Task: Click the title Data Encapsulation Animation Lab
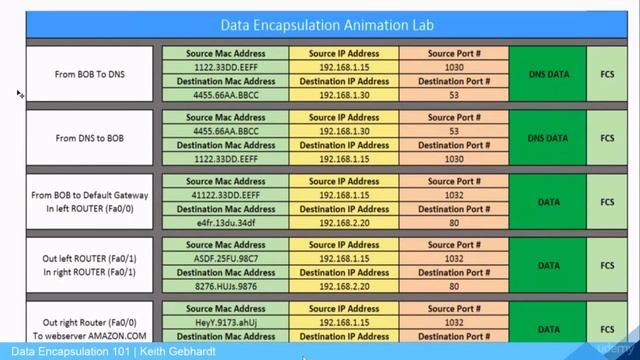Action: (x=320, y=24)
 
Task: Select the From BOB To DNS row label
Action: (x=90, y=73)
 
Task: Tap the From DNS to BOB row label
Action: (x=90, y=138)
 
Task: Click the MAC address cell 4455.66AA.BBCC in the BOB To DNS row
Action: (x=225, y=95)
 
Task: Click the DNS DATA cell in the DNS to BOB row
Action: (x=547, y=138)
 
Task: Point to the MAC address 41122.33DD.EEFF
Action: (x=225, y=196)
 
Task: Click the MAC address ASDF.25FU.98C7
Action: (x=225, y=257)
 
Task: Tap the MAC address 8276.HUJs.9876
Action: (x=225, y=286)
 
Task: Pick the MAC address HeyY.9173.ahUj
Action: (x=225, y=325)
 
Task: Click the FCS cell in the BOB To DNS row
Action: (x=607, y=73)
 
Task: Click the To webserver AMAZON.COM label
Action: (x=90, y=337)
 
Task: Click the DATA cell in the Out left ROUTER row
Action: (x=547, y=266)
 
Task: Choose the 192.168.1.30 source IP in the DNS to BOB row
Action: (x=345, y=131)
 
